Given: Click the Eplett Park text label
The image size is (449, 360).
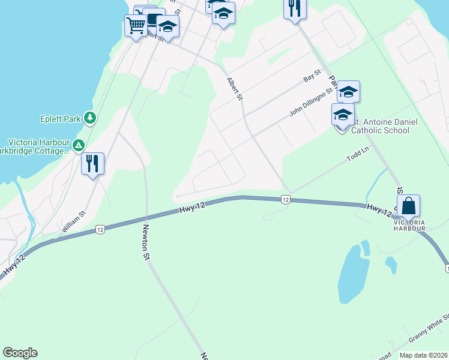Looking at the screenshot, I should [61, 118].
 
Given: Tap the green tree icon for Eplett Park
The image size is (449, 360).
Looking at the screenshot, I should [90, 118].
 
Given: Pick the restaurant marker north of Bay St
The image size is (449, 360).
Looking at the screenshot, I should [294, 8].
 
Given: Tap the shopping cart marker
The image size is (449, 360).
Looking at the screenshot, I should [136, 26].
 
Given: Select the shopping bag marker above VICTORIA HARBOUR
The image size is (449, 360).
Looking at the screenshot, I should [408, 206].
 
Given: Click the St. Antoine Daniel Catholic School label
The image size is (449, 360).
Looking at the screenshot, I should [380, 126].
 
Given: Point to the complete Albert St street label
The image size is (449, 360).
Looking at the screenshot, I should [235, 88].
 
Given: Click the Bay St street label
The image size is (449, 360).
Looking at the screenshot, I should [313, 76].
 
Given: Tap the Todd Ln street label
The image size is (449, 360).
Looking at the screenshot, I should [358, 157].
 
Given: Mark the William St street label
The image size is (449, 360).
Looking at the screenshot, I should [74, 221].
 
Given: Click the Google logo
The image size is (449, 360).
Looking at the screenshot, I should [20, 353].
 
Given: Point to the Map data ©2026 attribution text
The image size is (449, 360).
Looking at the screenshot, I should [424, 355].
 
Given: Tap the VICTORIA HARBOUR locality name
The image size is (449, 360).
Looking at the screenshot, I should [410, 225].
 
